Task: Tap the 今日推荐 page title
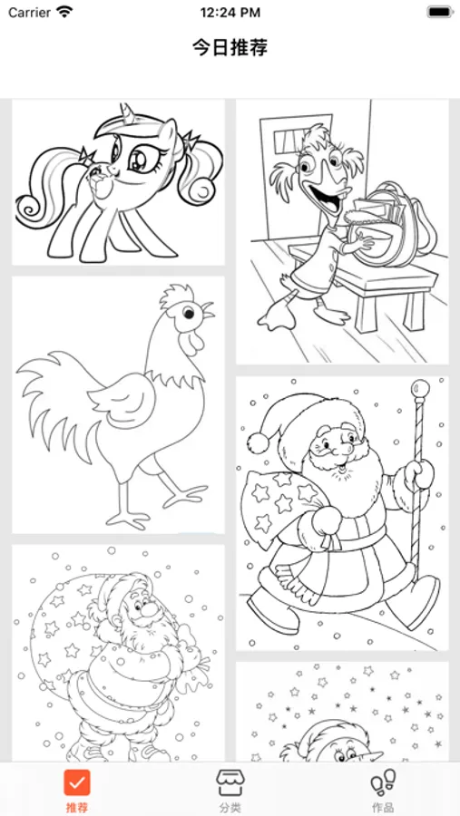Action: click(230, 48)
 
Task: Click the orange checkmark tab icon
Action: click(77, 782)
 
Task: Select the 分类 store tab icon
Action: click(230, 782)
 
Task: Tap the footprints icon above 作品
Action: click(383, 783)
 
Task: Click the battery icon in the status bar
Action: click(440, 12)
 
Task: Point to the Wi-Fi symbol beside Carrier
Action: click(64, 12)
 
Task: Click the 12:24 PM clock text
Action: click(230, 12)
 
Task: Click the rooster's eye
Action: click(188, 313)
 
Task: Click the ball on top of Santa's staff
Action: click(420, 388)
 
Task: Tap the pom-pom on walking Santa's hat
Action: click(258, 442)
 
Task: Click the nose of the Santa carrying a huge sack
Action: click(150, 609)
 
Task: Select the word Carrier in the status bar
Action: click(30, 12)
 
